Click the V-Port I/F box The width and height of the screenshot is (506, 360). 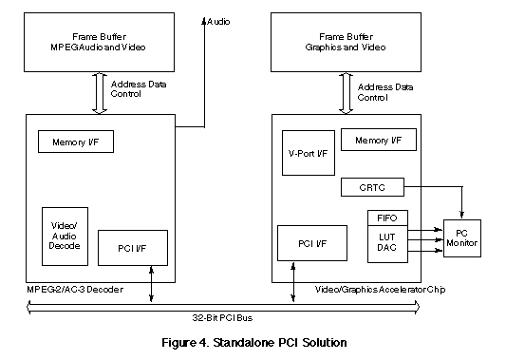309,153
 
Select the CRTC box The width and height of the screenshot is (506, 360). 372,187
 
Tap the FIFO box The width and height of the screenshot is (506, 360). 387,218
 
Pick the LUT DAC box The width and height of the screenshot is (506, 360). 387,244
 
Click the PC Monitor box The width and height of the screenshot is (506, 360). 462,238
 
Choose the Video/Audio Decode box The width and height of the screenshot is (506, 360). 65,237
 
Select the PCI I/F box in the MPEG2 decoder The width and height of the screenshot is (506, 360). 133,248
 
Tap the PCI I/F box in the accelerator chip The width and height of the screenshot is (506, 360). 312,243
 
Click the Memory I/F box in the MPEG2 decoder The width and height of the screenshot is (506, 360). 76,142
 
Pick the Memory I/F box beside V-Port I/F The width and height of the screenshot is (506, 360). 379,140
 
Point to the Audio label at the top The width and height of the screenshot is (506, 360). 218,22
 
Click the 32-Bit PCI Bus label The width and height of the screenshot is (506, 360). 222,317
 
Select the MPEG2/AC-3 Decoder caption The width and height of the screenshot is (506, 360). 75,289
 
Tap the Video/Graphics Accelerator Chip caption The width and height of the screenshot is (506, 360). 380,290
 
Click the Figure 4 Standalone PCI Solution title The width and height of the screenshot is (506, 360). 254,342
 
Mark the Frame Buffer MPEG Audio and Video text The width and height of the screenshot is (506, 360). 99,42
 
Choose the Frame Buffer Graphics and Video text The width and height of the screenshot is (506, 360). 346,42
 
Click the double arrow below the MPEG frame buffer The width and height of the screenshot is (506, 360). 100,93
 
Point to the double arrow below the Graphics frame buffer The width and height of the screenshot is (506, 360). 346,93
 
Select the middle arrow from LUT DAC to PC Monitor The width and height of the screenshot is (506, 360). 425,239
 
